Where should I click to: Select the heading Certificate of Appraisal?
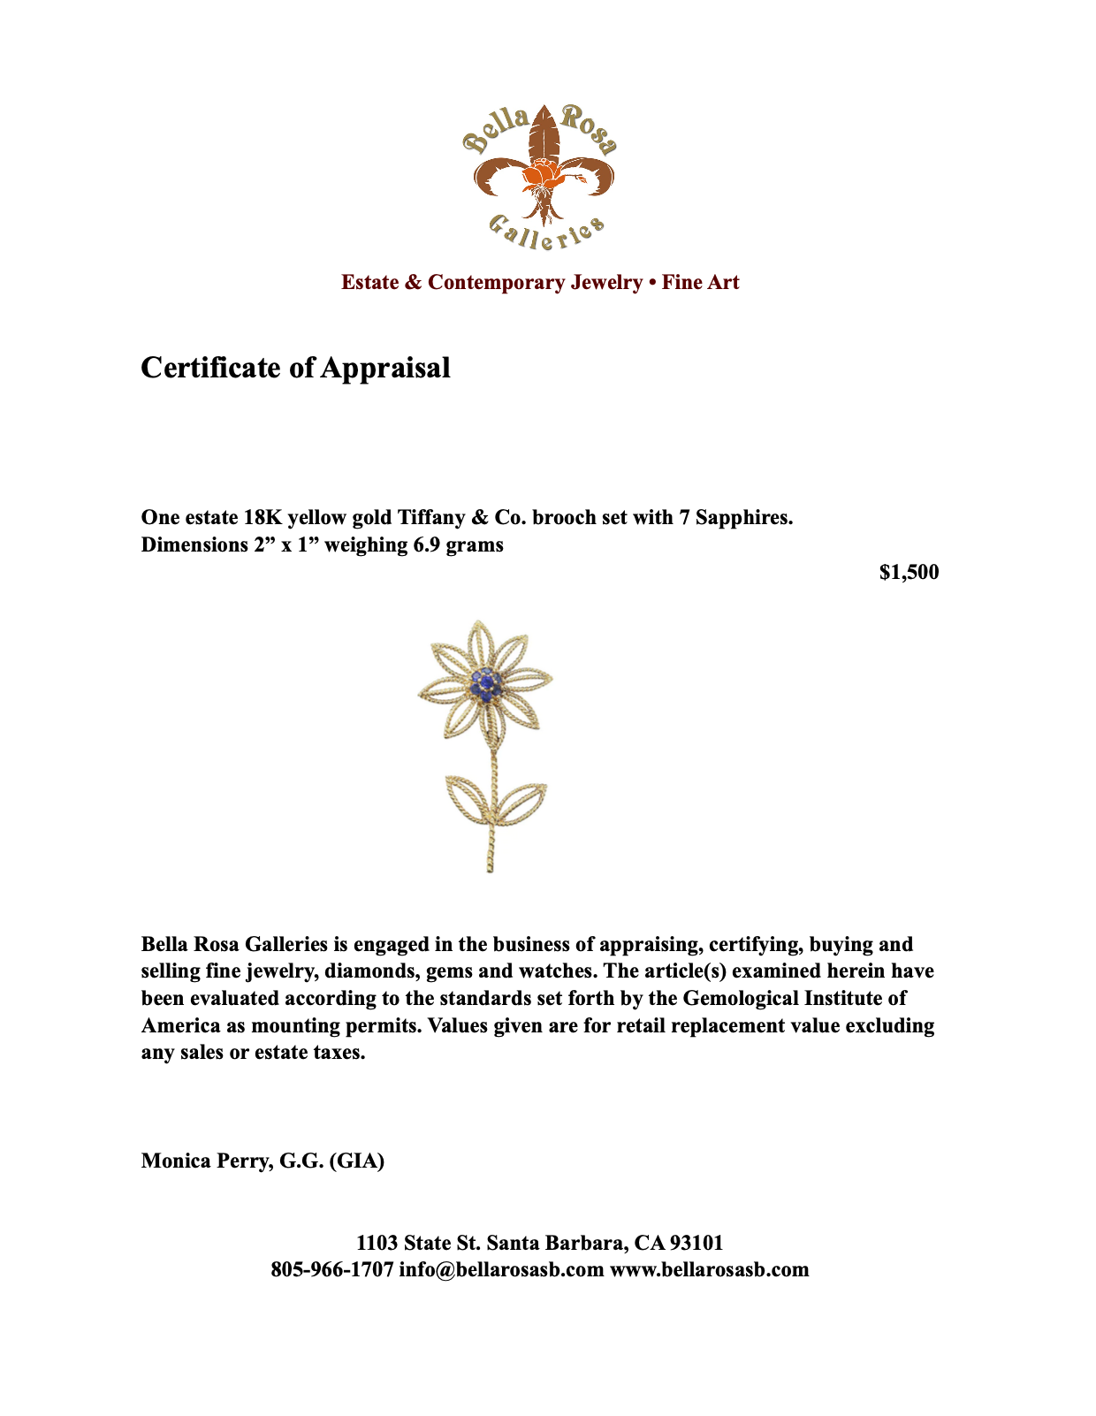[x=295, y=368]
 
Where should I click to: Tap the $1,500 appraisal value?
[x=909, y=573]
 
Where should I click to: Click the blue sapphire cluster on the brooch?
[x=485, y=683]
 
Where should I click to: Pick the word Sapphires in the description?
[x=744, y=517]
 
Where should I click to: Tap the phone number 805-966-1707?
[x=331, y=1270]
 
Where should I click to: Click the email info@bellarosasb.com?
[x=501, y=1270]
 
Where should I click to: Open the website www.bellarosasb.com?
[x=710, y=1270]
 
